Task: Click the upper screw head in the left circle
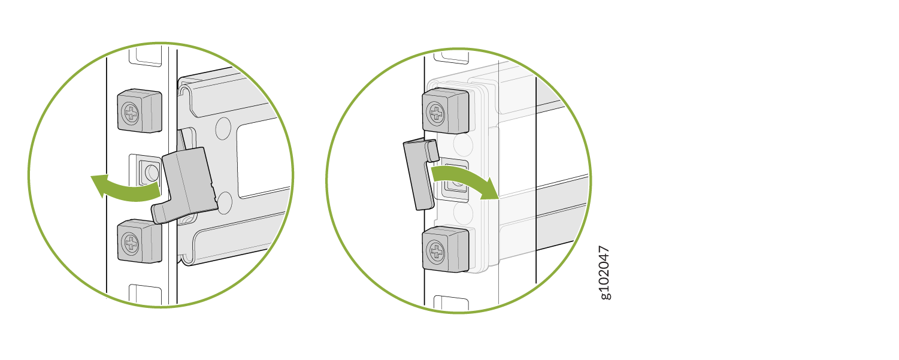[x=131, y=113]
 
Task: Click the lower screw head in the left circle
[x=131, y=243]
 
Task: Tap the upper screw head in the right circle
[x=436, y=113]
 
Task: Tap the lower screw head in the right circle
[x=436, y=252]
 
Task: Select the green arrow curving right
[x=465, y=179]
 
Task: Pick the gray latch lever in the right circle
[x=420, y=174]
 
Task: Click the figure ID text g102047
[x=604, y=273]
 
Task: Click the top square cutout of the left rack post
[x=146, y=56]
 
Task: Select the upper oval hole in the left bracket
[x=223, y=128]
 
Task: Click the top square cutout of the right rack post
[x=452, y=58]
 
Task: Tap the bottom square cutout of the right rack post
[x=452, y=304]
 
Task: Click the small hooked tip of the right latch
[x=432, y=150]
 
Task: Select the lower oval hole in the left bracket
[x=224, y=202]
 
